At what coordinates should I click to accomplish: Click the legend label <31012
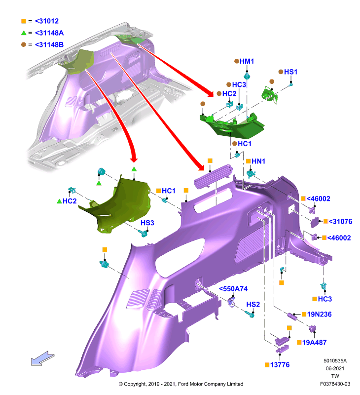pyautogui.click(x=47, y=21)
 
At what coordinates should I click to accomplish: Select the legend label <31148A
pyautogui.click(x=49, y=33)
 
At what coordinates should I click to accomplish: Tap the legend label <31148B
pyautogui.click(x=49, y=44)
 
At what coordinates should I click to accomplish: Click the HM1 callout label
pyautogui.click(x=247, y=61)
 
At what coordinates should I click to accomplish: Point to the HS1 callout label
pyautogui.click(x=290, y=72)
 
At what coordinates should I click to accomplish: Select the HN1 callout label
pyautogui.click(x=258, y=161)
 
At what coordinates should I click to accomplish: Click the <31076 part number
pyautogui.click(x=340, y=221)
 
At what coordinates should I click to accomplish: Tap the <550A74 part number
pyautogui.click(x=233, y=289)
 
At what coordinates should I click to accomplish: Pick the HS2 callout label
pyautogui.click(x=253, y=304)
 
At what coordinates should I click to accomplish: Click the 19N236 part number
pyautogui.click(x=319, y=314)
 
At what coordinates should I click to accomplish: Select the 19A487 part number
pyautogui.click(x=314, y=342)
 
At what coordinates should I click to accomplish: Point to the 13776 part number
pyautogui.click(x=280, y=365)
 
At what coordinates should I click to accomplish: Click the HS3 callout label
pyautogui.click(x=147, y=223)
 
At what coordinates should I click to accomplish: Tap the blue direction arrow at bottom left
pyautogui.click(x=42, y=358)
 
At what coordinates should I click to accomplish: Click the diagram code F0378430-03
pyautogui.click(x=335, y=384)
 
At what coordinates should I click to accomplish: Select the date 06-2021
pyautogui.click(x=335, y=368)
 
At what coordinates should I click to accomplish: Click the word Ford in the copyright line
pyautogui.click(x=183, y=384)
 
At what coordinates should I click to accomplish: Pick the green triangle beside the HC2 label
pyautogui.click(x=59, y=201)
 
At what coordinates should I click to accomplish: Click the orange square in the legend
pyautogui.click(x=24, y=21)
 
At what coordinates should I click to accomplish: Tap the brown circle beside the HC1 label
pyautogui.click(x=234, y=144)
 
